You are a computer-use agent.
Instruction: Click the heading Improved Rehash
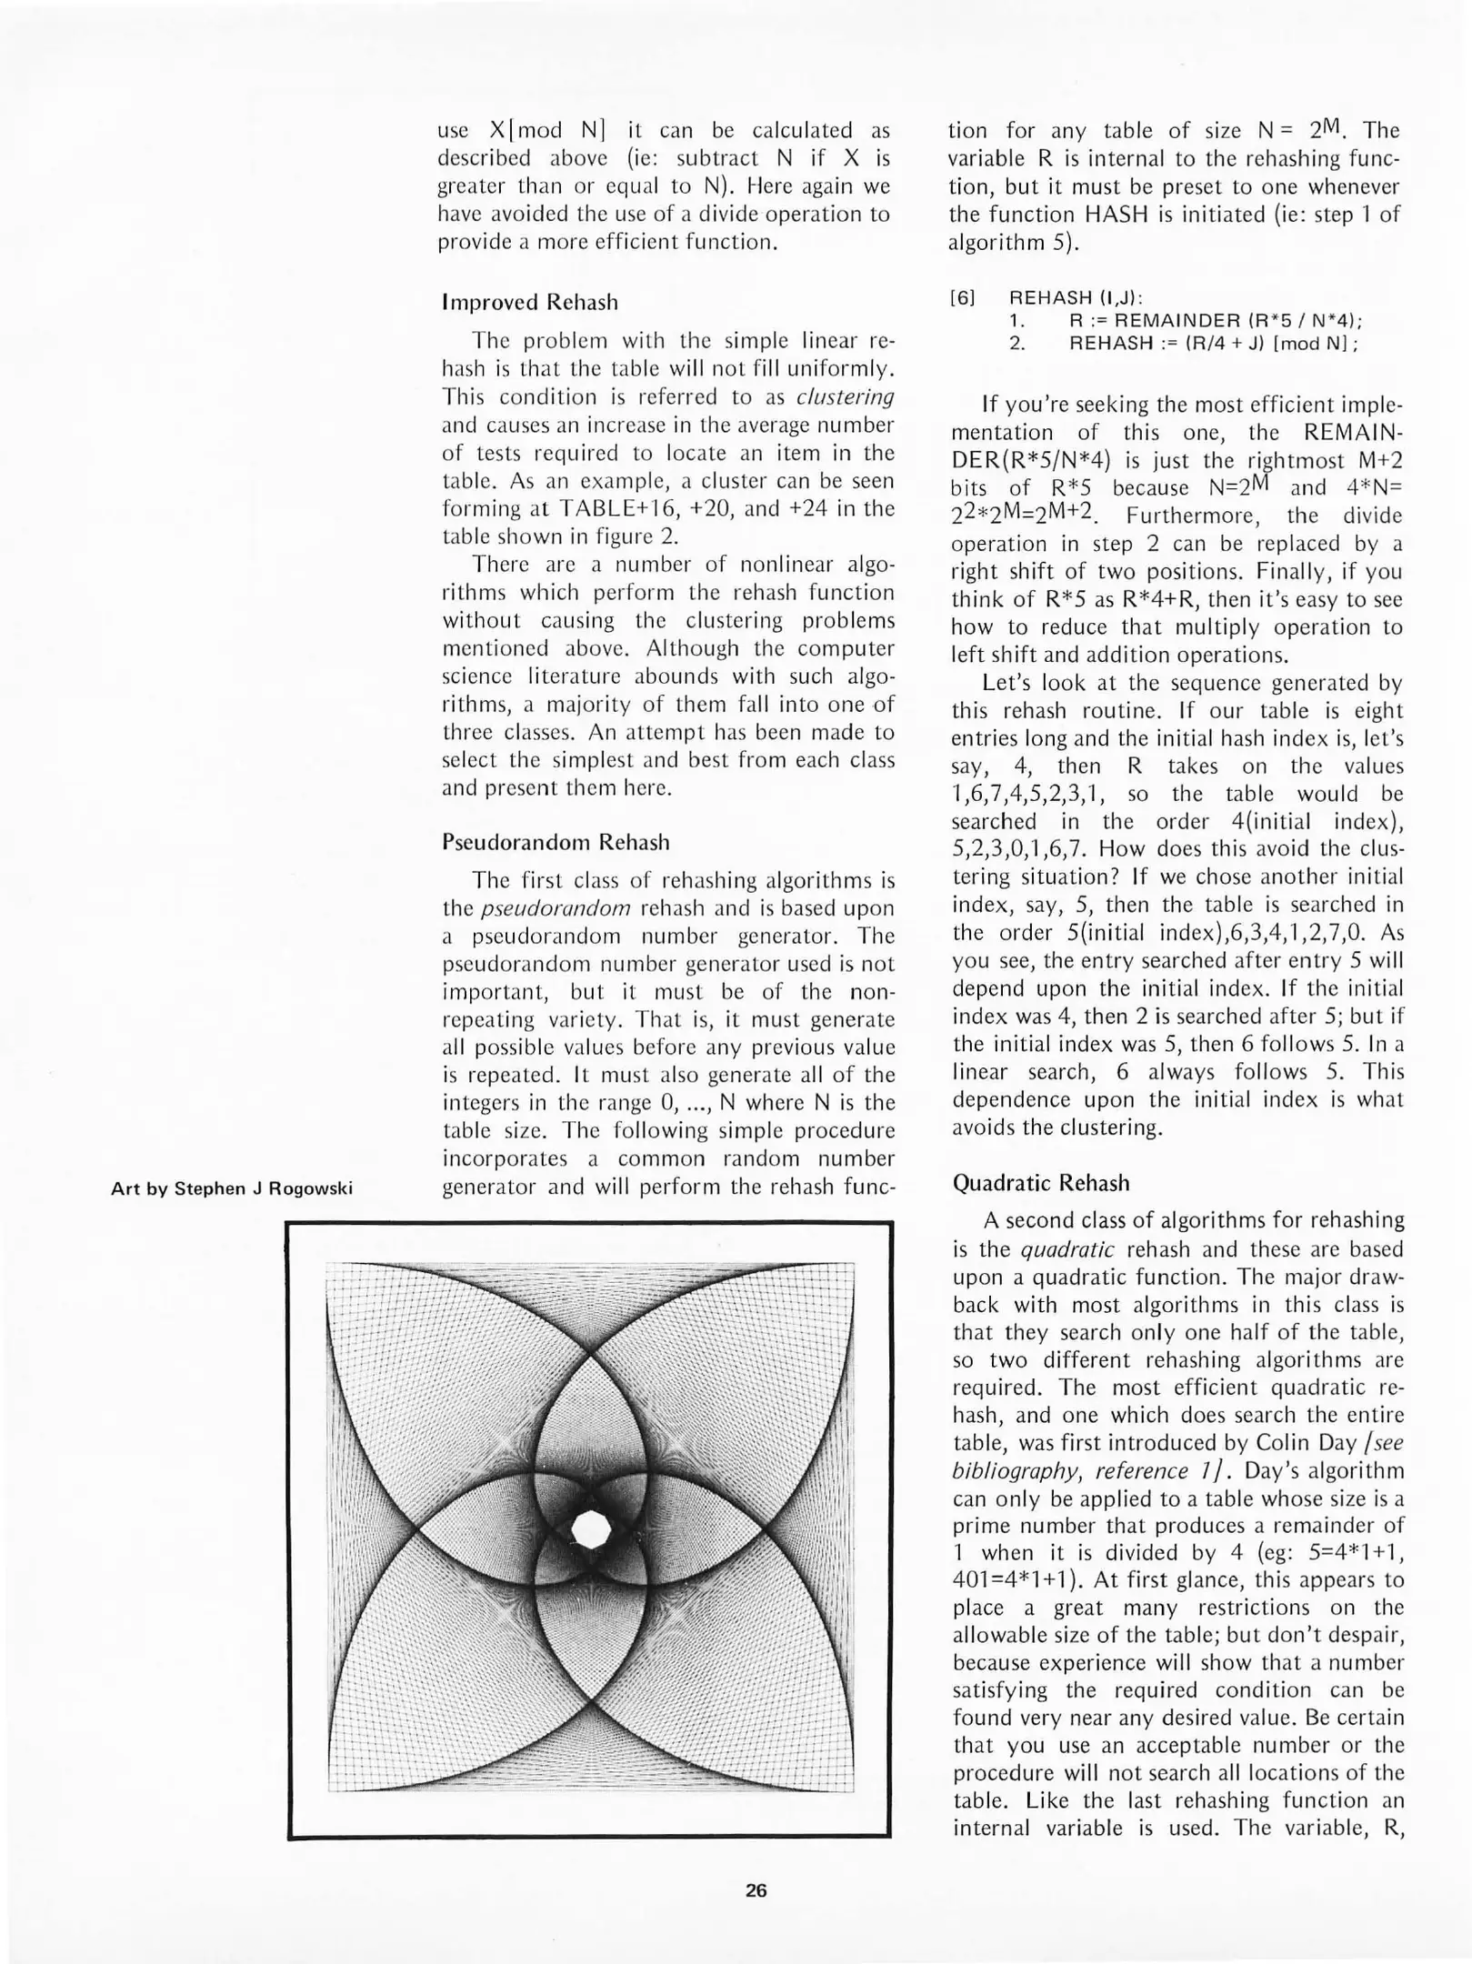[x=529, y=303]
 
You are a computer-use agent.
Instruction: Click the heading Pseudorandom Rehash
[x=555, y=842]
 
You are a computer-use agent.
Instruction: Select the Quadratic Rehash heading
[x=1041, y=1183]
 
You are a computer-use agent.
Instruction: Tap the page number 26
[x=756, y=1890]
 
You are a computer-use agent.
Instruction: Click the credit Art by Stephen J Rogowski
[x=231, y=1188]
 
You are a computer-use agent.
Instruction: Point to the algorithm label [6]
[x=962, y=298]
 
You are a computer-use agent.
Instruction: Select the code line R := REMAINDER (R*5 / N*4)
[x=1215, y=321]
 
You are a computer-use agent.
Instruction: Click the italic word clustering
[x=845, y=397]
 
